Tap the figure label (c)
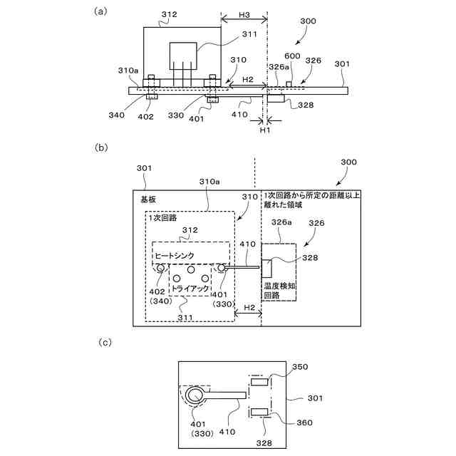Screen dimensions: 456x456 pyautogui.click(x=104, y=343)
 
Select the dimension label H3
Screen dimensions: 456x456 pyautogui.click(x=244, y=16)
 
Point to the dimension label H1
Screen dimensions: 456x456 pyautogui.click(x=264, y=130)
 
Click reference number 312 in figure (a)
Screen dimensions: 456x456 pyautogui.click(x=169, y=14)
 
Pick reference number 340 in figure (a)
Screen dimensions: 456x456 pyautogui.click(x=118, y=115)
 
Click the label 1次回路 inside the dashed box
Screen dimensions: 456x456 pyautogui.click(x=163, y=217)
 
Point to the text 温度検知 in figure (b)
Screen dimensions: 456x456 pyautogui.click(x=278, y=284)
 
